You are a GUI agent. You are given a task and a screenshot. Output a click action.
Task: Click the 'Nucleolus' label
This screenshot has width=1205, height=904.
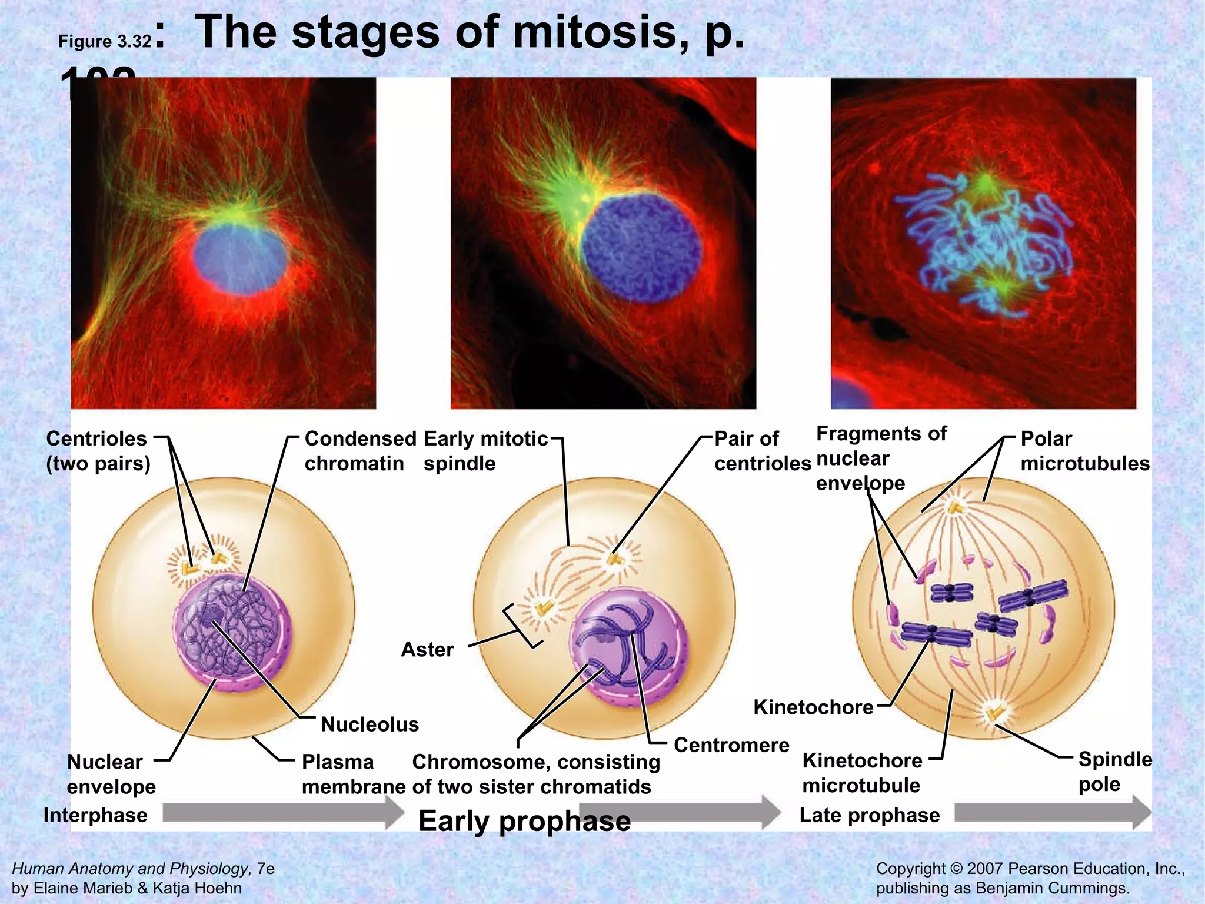(x=370, y=724)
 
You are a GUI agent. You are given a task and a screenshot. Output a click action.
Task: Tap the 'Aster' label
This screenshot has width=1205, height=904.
(x=427, y=650)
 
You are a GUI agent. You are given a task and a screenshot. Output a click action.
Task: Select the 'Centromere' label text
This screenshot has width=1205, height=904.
(x=731, y=745)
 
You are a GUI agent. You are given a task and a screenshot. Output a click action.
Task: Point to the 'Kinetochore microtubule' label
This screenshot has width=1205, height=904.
(x=862, y=773)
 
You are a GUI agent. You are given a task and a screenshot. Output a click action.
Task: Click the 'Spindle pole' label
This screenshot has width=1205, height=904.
(x=1114, y=772)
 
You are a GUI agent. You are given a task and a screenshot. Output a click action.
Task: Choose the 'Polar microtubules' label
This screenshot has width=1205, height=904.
(x=1084, y=451)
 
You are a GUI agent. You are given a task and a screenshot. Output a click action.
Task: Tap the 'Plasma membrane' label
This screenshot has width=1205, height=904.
(x=353, y=774)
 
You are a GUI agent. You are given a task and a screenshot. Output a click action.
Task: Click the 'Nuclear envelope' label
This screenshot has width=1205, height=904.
(x=111, y=774)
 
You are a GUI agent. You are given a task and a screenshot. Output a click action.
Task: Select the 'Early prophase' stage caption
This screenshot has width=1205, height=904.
(x=524, y=821)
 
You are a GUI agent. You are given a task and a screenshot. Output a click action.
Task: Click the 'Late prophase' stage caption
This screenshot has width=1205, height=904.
(x=869, y=815)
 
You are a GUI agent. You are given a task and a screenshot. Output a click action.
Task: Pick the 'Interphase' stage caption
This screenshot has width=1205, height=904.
(x=95, y=815)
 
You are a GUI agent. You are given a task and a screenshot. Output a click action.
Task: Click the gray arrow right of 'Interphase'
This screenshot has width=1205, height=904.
(x=282, y=813)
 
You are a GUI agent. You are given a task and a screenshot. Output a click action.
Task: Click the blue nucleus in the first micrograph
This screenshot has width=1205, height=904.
(x=240, y=257)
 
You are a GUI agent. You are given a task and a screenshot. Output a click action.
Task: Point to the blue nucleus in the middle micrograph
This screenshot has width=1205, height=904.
(x=641, y=247)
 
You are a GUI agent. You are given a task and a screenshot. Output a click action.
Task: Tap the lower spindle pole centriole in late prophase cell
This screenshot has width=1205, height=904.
(x=995, y=714)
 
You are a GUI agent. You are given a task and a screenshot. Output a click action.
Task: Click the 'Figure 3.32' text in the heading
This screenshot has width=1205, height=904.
(x=105, y=42)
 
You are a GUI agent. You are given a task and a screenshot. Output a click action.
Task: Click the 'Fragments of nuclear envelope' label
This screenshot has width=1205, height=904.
(x=881, y=458)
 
